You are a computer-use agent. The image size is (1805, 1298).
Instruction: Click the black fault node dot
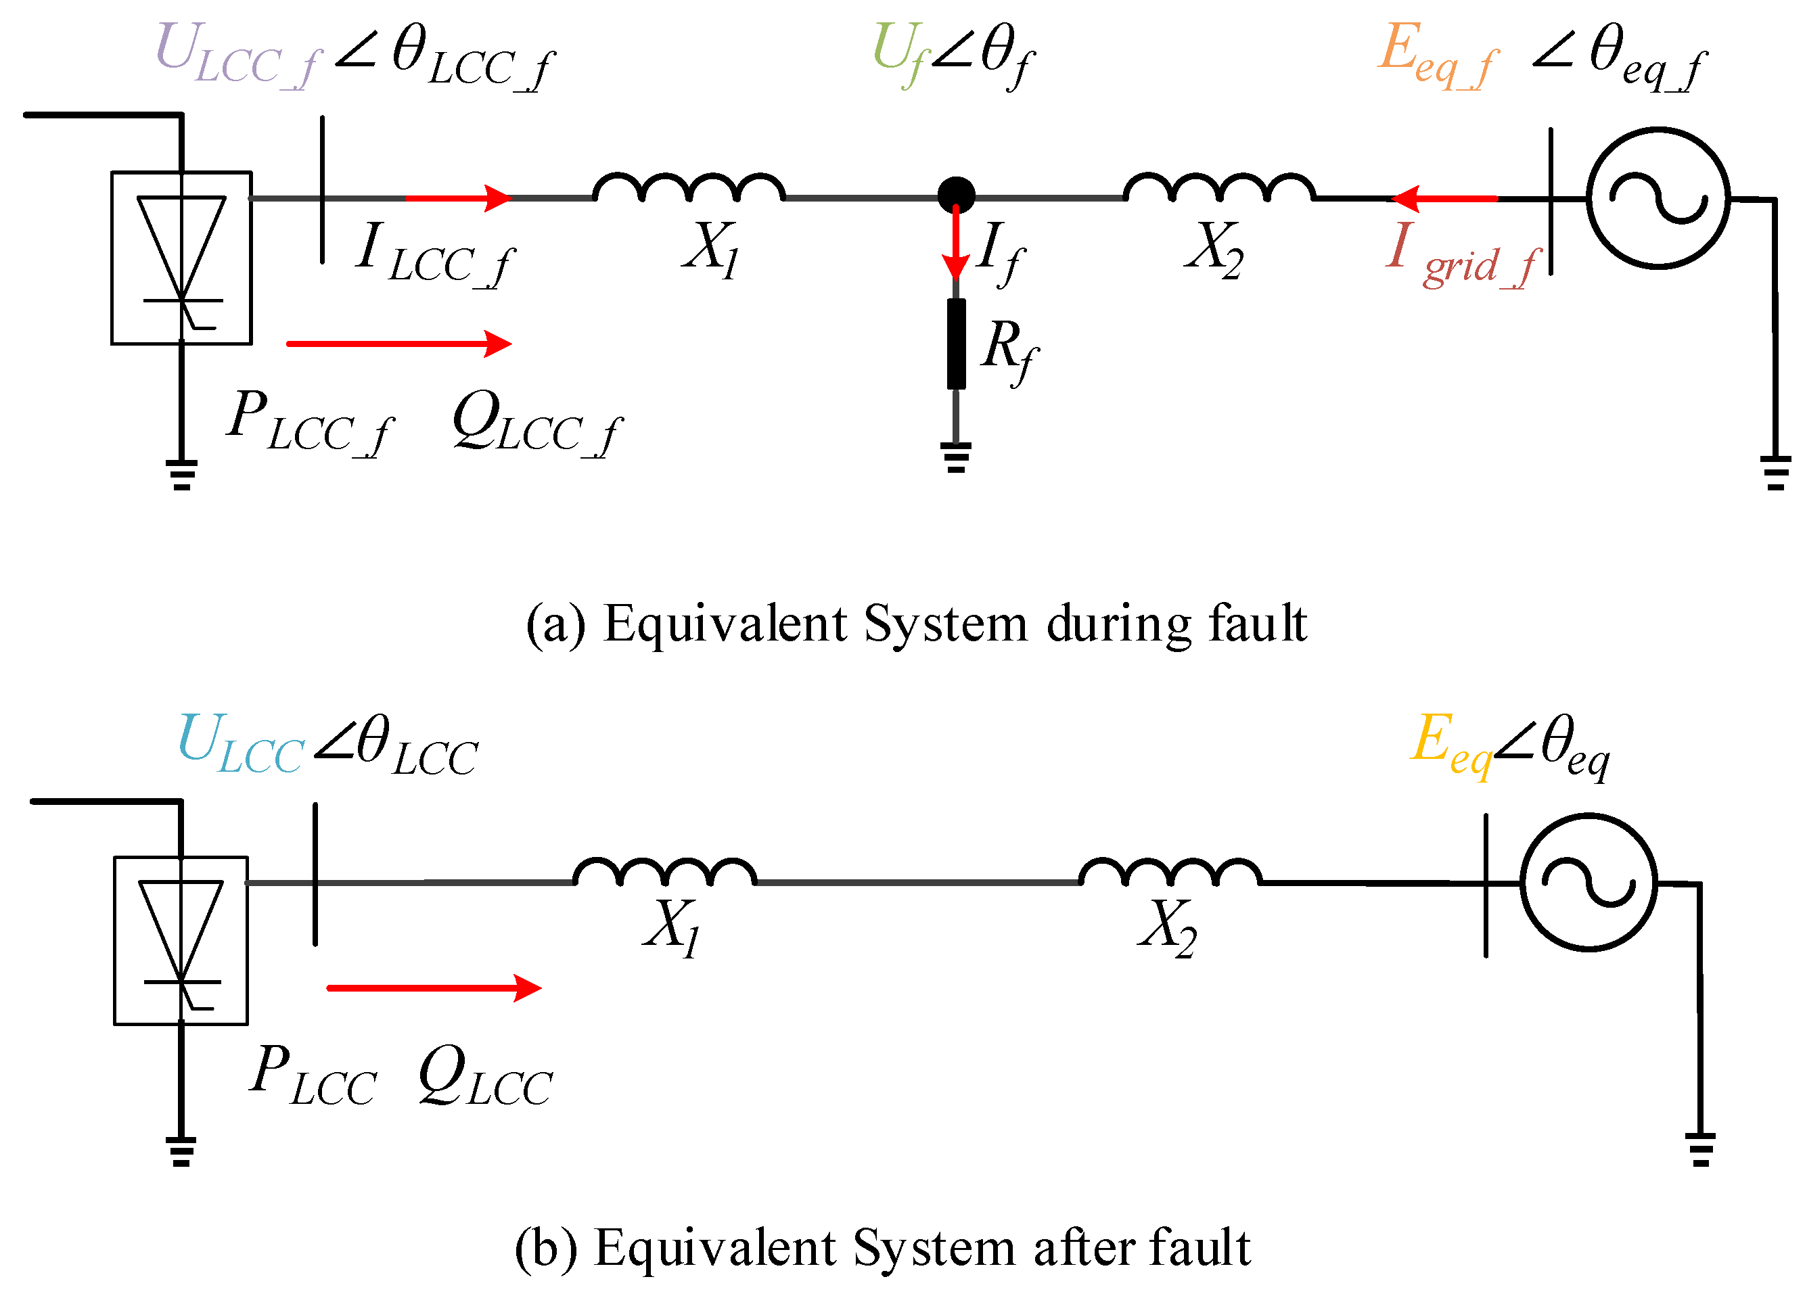(x=956, y=194)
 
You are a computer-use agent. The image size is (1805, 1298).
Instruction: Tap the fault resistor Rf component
(x=956, y=344)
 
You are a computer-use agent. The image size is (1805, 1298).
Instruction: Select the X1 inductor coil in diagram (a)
(x=689, y=188)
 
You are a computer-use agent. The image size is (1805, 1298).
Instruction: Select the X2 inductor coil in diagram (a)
(x=1219, y=188)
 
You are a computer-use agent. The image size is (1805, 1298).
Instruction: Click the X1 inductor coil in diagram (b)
(x=664, y=873)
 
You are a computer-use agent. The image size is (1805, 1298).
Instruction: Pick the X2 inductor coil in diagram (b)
(x=1170, y=873)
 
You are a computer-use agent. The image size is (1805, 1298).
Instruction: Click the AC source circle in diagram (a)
(x=1658, y=198)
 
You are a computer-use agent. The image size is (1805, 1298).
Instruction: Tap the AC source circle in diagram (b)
(x=1589, y=883)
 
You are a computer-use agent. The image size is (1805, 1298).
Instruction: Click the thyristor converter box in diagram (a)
(x=181, y=258)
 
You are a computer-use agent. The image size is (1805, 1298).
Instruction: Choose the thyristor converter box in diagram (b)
(x=181, y=940)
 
